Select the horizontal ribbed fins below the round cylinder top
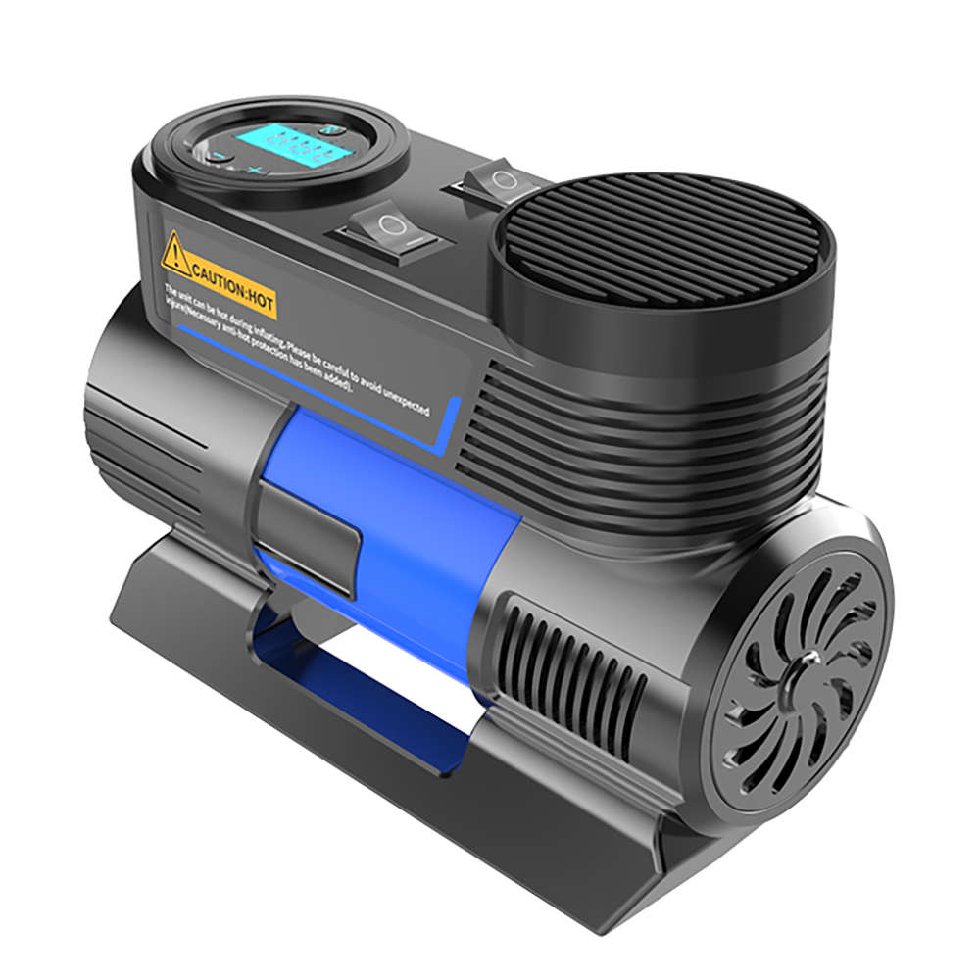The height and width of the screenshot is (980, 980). click(637, 441)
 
